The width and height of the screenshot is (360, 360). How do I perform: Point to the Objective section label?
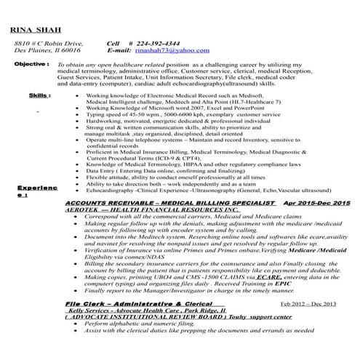(32, 65)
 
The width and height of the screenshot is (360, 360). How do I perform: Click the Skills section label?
(39, 95)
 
